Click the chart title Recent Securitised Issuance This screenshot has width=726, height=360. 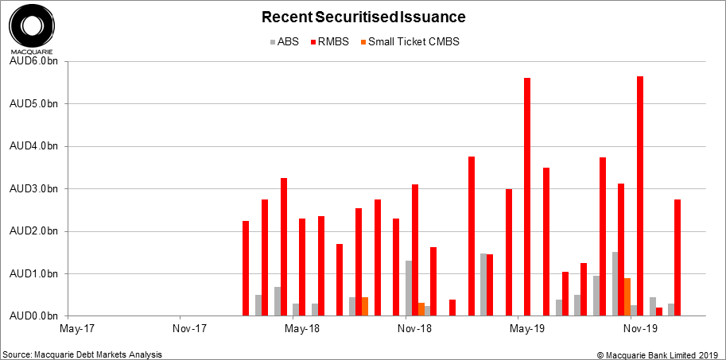pyautogui.click(x=363, y=17)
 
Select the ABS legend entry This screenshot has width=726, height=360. pyautogui.click(x=284, y=41)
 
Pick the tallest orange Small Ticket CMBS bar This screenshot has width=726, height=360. pyautogui.click(x=627, y=297)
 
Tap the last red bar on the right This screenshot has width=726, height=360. pyautogui.click(x=677, y=257)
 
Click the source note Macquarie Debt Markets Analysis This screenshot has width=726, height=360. pyautogui.click(x=87, y=354)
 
